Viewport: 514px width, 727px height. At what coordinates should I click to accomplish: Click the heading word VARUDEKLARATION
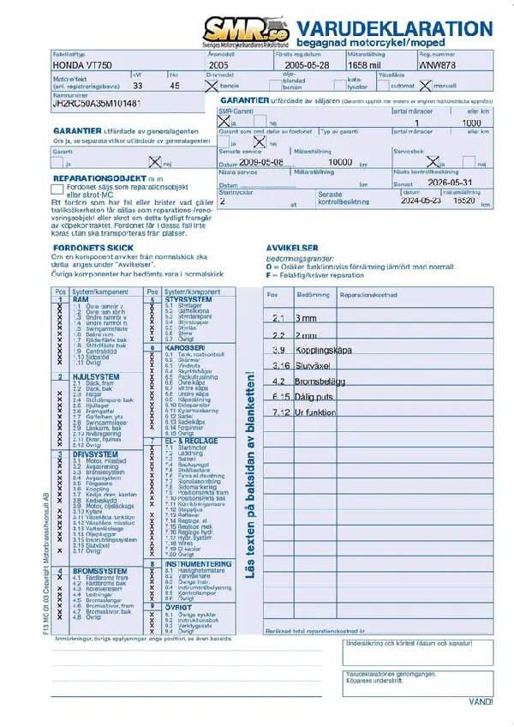(397, 27)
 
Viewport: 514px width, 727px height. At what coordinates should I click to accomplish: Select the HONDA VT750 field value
(82, 64)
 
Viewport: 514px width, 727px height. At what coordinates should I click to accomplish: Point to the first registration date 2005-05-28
(307, 64)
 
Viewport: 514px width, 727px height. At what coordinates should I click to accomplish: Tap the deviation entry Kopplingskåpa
(324, 351)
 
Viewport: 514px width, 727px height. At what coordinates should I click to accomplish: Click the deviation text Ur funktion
(316, 412)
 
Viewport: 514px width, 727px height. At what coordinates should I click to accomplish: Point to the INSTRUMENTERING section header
(198, 563)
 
